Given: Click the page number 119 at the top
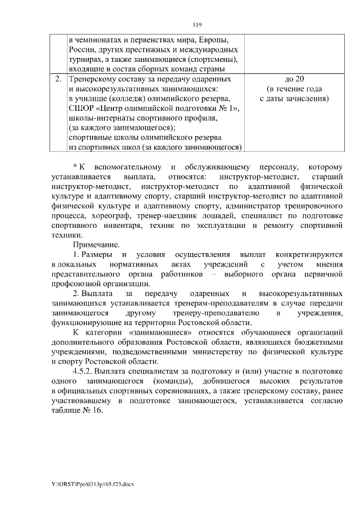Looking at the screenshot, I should [197, 25].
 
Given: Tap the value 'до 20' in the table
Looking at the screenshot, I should [294, 79].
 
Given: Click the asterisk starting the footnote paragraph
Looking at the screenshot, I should [75, 167].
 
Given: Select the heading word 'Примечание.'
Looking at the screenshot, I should [96, 245].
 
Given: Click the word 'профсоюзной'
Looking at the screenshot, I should [74, 283].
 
